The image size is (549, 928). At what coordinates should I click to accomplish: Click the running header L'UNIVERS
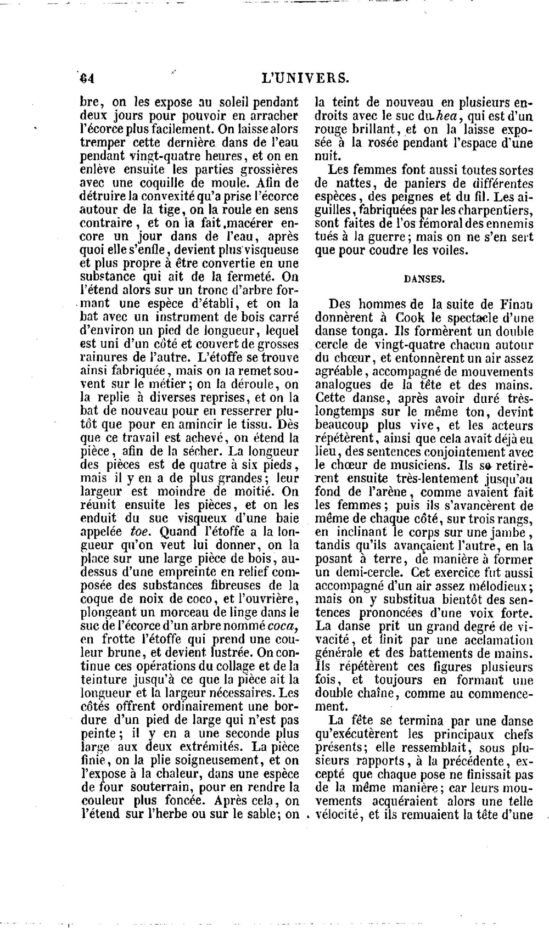(x=306, y=78)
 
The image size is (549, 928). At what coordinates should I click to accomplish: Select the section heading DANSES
(x=424, y=279)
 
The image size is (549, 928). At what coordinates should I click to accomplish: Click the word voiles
(x=452, y=251)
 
